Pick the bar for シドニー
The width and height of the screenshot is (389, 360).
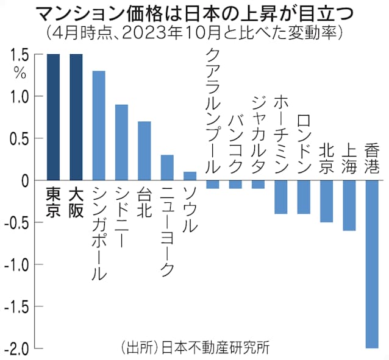click(x=122, y=143)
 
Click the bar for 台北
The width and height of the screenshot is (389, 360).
click(x=145, y=151)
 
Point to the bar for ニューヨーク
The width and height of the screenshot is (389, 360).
click(x=167, y=168)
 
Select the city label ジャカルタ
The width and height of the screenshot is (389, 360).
click(x=258, y=130)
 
